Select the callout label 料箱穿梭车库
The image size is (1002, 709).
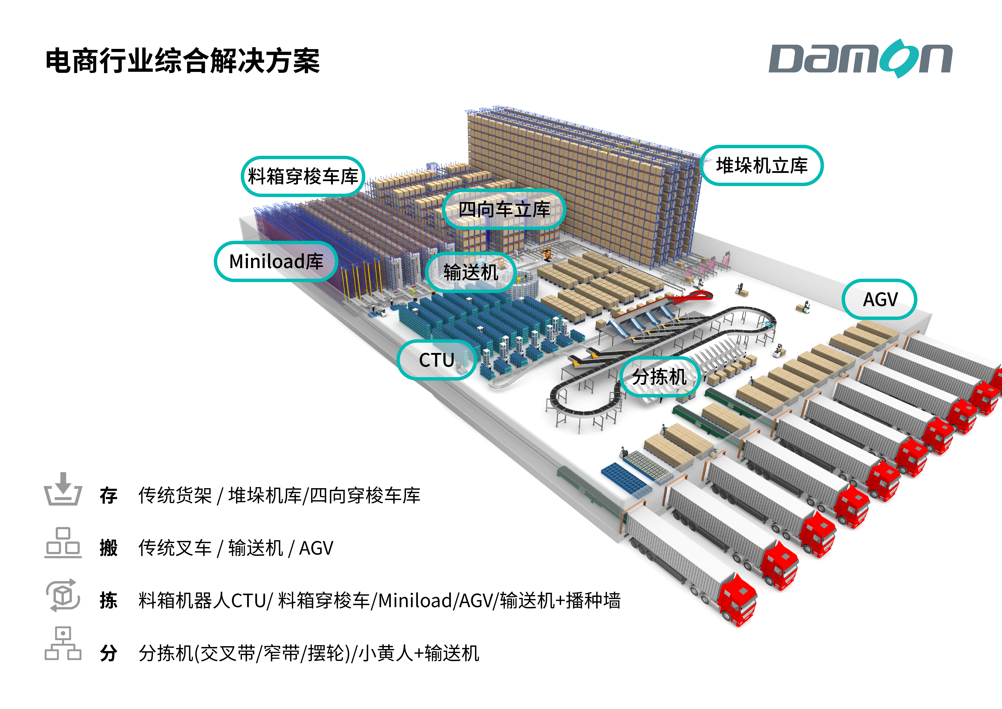point(303,176)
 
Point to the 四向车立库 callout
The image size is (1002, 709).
point(504,210)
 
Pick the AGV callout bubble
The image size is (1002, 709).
point(880,299)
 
